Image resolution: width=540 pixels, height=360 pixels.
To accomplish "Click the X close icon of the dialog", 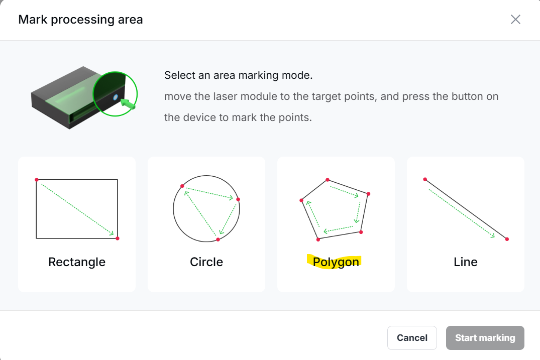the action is [515, 20].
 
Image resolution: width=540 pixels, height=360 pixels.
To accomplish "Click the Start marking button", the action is [485, 337].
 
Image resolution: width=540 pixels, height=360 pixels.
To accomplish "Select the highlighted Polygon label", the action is [336, 262].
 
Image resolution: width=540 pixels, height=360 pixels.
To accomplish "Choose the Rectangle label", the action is [77, 262].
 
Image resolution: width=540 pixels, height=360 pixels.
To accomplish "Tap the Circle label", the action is [206, 262].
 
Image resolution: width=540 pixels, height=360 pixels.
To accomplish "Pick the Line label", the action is [465, 262].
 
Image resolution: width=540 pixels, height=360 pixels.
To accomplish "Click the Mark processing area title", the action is [80, 20].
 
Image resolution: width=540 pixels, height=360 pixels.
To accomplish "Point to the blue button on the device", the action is [116, 97].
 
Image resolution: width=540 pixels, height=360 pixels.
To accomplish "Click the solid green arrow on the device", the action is [128, 103].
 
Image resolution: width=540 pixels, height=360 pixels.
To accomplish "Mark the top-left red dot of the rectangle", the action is [37, 180].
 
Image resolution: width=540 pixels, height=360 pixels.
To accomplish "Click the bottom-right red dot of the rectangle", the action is [118, 238].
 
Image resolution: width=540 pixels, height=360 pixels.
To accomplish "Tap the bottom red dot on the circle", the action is [218, 239].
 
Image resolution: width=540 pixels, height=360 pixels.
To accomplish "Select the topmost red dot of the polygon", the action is [328, 180].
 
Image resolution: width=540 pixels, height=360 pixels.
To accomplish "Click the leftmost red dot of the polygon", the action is [301, 200].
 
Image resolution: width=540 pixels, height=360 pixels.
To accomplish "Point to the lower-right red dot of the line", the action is [507, 239].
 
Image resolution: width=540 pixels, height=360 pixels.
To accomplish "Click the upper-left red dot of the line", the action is [425, 179].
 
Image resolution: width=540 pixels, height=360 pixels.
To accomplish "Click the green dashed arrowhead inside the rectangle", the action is [111, 233].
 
